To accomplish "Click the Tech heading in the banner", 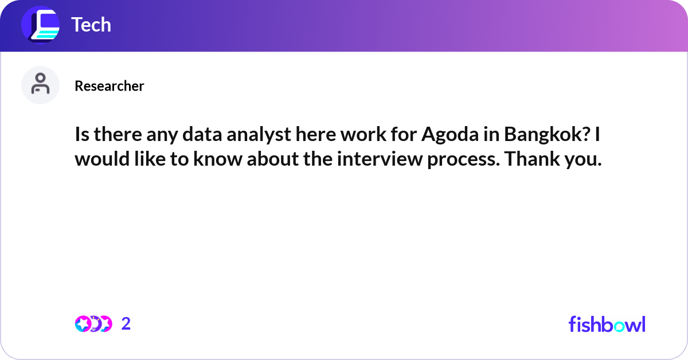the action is (91, 25).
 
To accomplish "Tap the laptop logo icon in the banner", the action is (41, 25).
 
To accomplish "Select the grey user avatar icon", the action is (40, 85).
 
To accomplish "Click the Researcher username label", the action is (110, 86).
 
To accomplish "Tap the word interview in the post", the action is (380, 159).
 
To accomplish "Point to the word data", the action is (202, 135).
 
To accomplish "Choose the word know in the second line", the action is (218, 158).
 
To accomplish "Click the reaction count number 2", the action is (126, 324).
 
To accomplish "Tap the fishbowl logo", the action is (607, 324).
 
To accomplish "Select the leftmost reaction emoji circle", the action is (83, 324).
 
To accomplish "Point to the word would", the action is (102, 158).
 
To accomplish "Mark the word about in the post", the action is (273, 158).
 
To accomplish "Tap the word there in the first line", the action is (118, 135).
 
